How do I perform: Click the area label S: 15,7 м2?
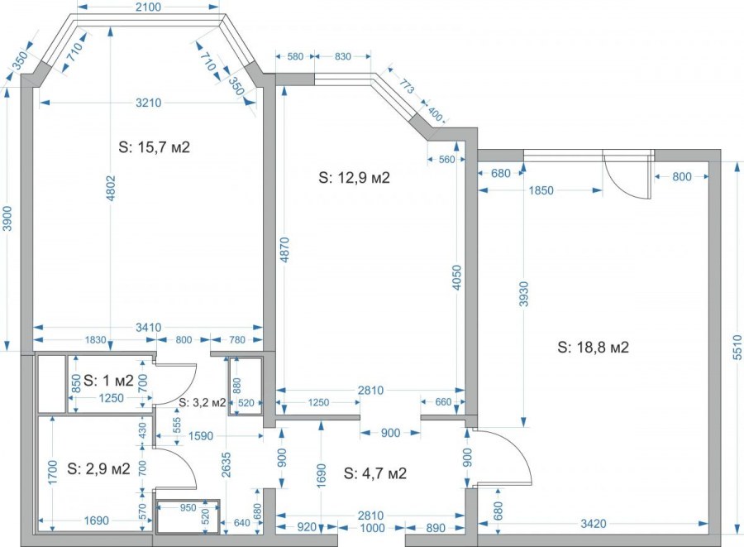pyautogui.click(x=155, y=147)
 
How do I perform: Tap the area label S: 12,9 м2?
pyautogui.click(x=355, y=178)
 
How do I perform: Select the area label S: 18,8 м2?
pyautogui.click(x=593, y=347)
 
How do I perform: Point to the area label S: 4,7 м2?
pyautogui.click(x=375, y=473)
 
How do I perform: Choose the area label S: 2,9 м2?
pyautogui.click(x=98, y=468)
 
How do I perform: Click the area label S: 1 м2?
pyautogui.click(x=108, y=380)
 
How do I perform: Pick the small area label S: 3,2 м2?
pyautogui.click(x=203, y=403)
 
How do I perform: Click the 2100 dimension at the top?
pyautogui.click(x=148, y=7)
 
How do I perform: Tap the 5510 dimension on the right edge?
pyautogui.click(x=737, y=348)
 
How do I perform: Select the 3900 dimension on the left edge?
pyautogui.click(x=7, y=218)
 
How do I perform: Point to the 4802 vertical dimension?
pyautogui.click(x=111, y=189)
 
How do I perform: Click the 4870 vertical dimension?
pyautogui.click(x=284, y=250)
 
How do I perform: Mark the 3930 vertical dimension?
pyautogui.click(x=524, y=295)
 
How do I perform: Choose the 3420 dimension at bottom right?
pyautogui.click(x=594, y=524)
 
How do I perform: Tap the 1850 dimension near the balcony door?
pyautogui.click(x=541, y=190)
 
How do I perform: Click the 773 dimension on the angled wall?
pyautogui.click(x=407, y=87)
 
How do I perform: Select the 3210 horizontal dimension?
pyautogui.click(x=149, y=103)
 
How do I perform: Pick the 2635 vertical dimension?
pyautogui.click(x=226, y=465)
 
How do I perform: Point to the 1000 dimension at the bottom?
pyautogui.click(x=373, y=528)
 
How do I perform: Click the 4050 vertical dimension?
pyautogui.click(x=457, y=278)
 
